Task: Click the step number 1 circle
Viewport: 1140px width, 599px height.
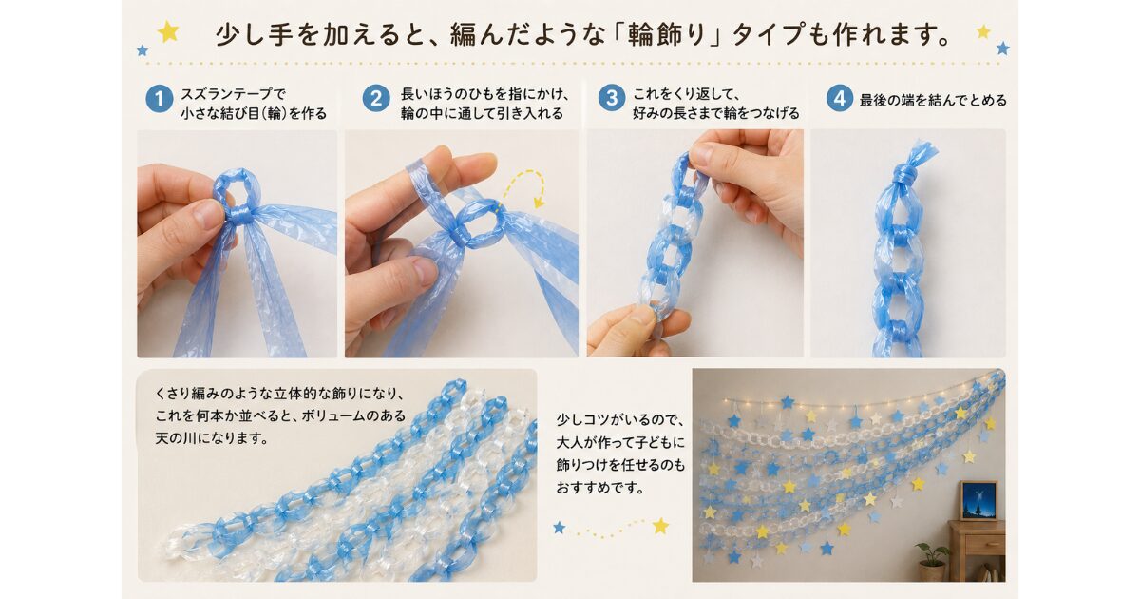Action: point(159,99)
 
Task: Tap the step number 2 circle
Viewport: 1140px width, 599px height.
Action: point(376,99)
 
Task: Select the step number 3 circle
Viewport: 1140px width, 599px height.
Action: point(611,98)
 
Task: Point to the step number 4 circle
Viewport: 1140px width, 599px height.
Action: point(839,98)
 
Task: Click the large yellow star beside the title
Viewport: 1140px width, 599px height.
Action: point(168,32)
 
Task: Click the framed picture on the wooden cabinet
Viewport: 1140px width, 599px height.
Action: point(978,500)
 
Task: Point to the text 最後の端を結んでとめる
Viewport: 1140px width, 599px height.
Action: point(933,101)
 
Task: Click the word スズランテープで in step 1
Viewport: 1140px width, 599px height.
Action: point(234,94)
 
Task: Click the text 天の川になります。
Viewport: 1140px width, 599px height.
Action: point(212,438)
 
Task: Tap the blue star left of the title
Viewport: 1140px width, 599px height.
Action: point(142,49)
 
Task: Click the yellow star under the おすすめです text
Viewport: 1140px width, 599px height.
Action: point(660,526)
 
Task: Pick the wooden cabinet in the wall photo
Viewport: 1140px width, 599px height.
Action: point(977,551)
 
